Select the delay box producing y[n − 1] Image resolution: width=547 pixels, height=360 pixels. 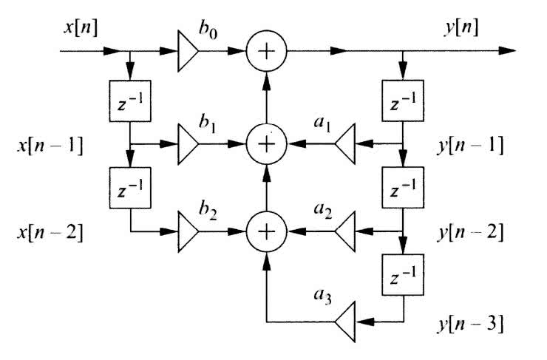[402, 98]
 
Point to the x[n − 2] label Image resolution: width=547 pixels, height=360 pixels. [48, 233]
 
